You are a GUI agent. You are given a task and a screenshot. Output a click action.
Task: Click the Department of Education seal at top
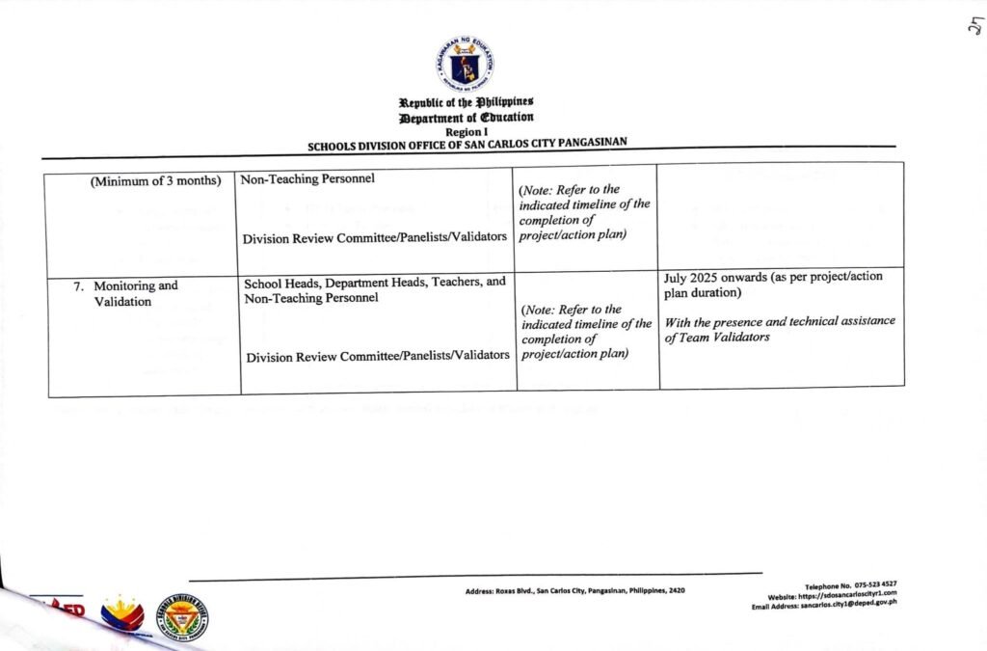[465, 65]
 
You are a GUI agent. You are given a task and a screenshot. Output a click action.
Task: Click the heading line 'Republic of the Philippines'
[467, 103]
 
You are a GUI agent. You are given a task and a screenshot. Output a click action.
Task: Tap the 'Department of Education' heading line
[467, 118]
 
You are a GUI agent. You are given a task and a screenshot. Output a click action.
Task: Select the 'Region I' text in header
[467, 130]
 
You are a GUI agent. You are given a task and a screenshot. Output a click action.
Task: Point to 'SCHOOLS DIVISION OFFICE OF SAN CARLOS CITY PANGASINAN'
[467, 144]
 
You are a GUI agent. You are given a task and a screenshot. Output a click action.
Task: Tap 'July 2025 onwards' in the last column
[713, 278]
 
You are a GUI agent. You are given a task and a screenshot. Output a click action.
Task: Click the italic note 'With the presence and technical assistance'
[780, 321]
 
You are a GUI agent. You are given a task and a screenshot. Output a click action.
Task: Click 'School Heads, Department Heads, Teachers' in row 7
[375, 284]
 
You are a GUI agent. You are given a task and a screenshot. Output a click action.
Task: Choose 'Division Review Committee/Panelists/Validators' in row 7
[378, 356]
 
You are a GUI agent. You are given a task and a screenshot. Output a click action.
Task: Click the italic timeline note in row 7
[585, 331]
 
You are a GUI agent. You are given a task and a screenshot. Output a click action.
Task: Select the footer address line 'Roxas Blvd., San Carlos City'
[574, 589]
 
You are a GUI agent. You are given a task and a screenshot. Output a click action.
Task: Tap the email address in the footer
[825, 605]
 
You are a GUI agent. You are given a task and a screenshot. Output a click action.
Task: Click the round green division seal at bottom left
[182, 616]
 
